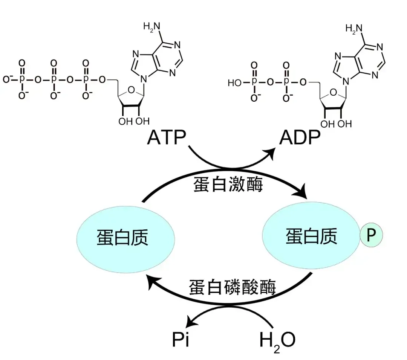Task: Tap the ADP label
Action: tap(300, 138)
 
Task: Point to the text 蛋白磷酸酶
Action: tap(232, 287)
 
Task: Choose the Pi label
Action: tap(180, 340)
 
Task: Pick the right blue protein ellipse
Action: tap(311, 237)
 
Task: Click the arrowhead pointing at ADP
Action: tap(270, 153)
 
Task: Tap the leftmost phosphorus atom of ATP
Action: tap(21, 80)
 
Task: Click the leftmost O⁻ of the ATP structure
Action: tap(6, 80)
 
